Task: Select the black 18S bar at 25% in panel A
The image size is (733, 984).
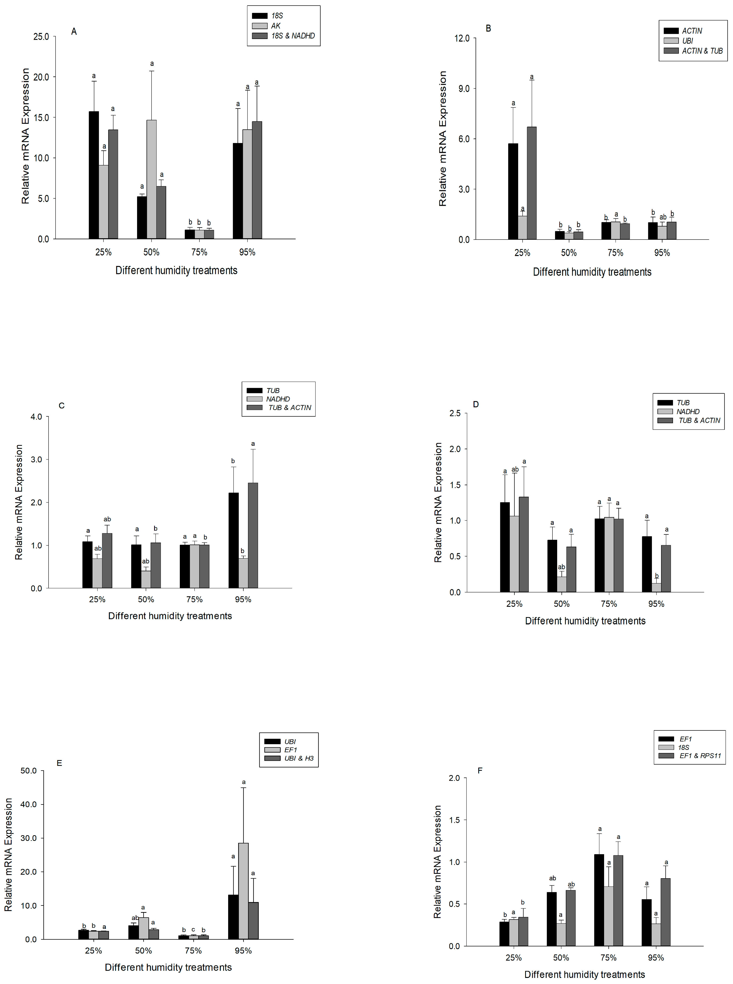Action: pyautogui.click(x=94, y=175)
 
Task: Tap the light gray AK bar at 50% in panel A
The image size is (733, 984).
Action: pyautogui.click(x=151, y=179)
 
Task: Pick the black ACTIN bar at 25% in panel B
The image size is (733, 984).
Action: pyautogui.click(x=513, y=192)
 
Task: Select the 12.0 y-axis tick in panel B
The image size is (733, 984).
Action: pyautogui.click(x=462, y=38)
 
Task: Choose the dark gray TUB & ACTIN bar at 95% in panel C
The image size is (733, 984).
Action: pyautogui.click(x=253, y=535)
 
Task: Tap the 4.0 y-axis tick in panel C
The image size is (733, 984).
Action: pyautogui.click(x=36, y=417)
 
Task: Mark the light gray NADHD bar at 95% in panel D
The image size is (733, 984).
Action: pyautogui.click(x=656, y=587)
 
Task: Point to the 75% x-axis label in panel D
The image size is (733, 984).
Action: pyautogui.click(x=609, y=604)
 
